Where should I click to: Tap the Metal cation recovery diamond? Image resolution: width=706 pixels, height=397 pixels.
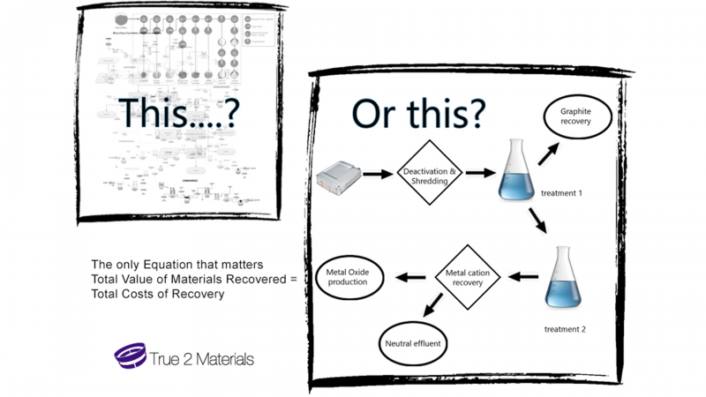point(468,277)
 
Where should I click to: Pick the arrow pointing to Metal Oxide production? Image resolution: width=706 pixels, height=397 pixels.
point(410,277)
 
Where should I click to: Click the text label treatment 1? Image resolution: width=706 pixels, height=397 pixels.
point(561,192)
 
